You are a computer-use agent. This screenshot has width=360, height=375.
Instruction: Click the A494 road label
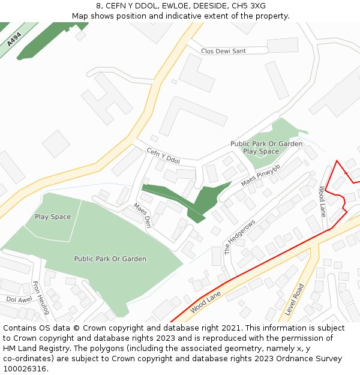click(14, 40)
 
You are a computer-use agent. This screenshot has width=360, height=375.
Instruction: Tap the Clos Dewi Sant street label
click(223, 51)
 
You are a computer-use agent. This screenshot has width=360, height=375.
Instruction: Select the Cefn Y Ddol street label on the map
click(163, 156)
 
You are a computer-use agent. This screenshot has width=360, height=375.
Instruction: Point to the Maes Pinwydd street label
click(260, 175)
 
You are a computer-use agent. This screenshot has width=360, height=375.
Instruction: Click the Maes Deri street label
click(142, 215)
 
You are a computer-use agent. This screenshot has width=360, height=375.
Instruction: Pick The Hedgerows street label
click(239, 237)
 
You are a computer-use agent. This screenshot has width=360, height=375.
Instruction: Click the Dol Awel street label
click(19, 299)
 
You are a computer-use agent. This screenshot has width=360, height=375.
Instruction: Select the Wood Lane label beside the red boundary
click(322, 202)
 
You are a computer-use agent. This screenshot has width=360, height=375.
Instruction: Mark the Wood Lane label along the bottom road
click(206, 302)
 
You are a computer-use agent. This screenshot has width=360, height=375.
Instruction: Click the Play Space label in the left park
click(53, 217)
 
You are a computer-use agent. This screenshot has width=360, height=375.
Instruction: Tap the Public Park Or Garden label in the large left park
click(110, 259)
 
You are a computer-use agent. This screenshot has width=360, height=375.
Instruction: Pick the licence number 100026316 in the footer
click(25, 368)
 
